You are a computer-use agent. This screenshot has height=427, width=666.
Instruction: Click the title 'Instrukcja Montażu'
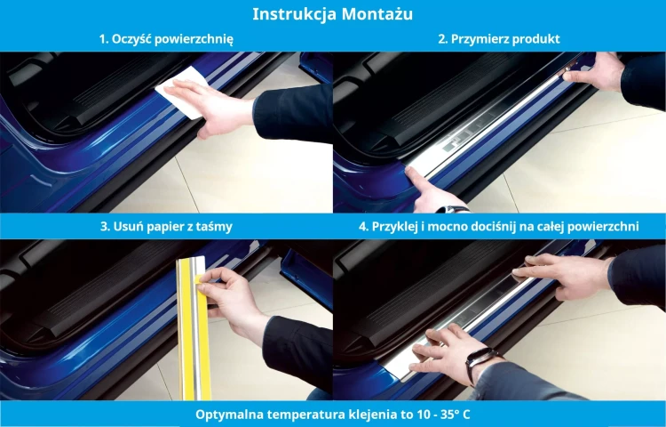332,14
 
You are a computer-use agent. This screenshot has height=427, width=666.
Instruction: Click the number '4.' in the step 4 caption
363,227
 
